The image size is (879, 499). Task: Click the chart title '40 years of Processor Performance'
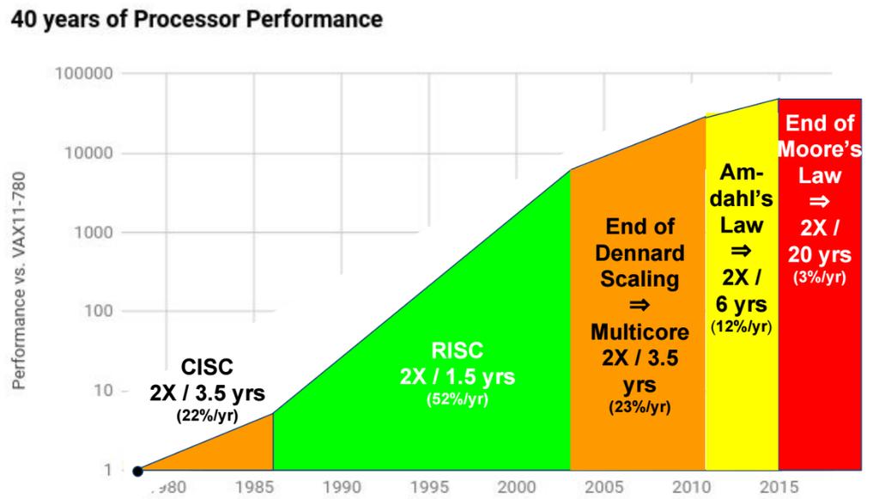193,18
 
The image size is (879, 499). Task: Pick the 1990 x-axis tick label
342,487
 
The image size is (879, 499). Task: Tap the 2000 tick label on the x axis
517,487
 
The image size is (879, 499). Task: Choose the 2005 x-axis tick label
604,487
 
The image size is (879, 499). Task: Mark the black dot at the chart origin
137,471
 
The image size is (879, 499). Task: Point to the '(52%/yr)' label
458,399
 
